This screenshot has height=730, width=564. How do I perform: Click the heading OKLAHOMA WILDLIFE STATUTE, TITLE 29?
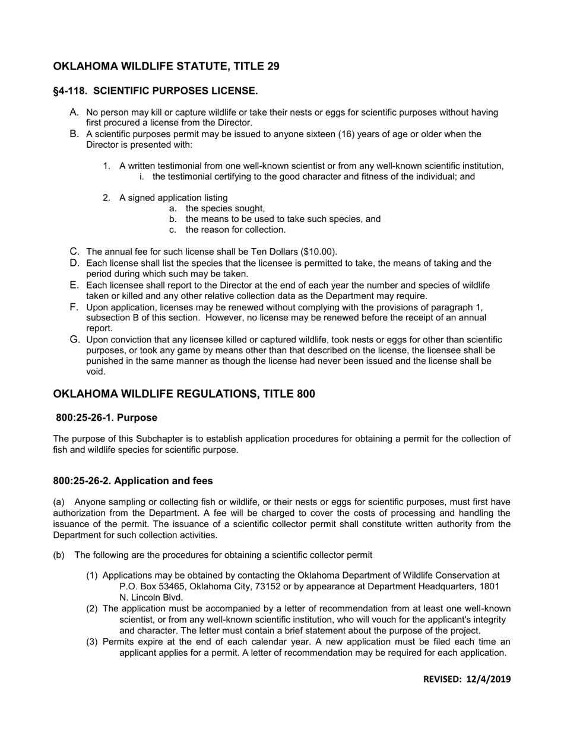pyautogui.click(x=166, y=66)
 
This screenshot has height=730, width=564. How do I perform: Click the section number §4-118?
pyautogui.click(x=71, y=91)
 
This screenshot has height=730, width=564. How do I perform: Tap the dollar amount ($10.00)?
pyautogui.click(x=318, y=252)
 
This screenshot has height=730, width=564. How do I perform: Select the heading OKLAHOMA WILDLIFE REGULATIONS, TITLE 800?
pyautogui.click(x=184, y=394)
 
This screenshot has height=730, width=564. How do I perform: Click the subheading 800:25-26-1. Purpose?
pyautogui.click(x=107, y=418)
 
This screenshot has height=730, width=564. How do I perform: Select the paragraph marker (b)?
pyautogui.click(x=59, y=556)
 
